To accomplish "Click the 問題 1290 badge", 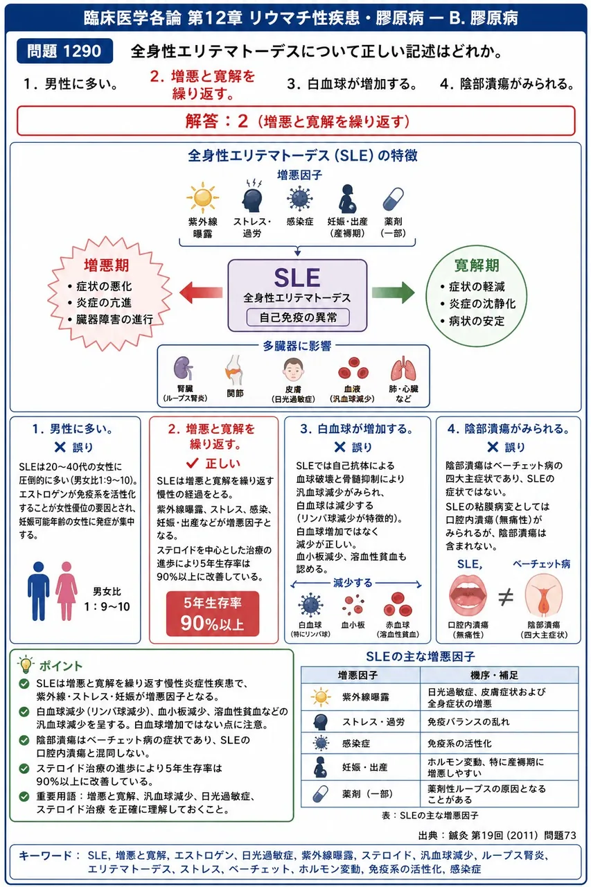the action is [x=64, y=51].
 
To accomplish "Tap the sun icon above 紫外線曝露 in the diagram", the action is [x=203, y=197].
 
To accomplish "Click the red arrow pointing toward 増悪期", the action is [x=201, y=292].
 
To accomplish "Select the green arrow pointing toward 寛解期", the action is [x=393, y=292].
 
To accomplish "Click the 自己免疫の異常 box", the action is [x=298, y=317].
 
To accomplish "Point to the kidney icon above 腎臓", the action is [x=184, y=369].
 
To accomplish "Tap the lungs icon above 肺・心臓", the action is [x=403, y=369].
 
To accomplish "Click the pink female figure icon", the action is [x=66, y=591].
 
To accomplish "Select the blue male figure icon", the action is [x=38, y=591].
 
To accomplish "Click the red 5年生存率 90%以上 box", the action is [x=213, y=614].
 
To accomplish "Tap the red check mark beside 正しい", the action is [x=193, y=462].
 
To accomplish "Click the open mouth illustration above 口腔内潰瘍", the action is [x=468, y=595].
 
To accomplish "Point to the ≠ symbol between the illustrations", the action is [x=506, y=597].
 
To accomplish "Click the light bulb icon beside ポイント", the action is [x=26, y=665].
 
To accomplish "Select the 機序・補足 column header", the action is [x=500, y=675].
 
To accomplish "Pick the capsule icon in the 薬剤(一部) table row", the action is [x=320, y=794].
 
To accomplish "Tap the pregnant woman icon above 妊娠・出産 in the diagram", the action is [x=348, y=199].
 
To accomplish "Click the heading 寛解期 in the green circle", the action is [x=477, y=265].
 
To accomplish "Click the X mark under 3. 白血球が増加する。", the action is [x=339, y=447].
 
